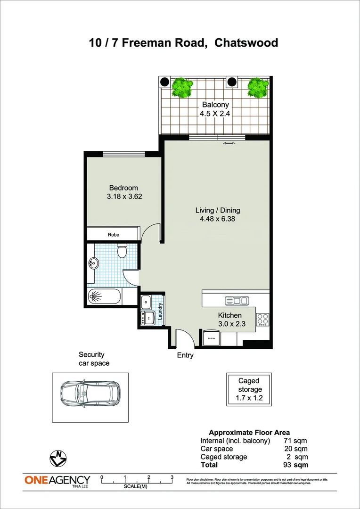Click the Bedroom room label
click(x=123, y=188)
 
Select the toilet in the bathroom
click(x=122, y=251)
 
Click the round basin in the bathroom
click(x=93, y=263)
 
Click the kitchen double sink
click(x=237, y=300)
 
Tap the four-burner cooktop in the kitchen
click(x=262, y=320)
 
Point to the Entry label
click(x=185, y=355)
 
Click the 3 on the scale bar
click(x=172, y=477)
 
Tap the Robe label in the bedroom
click(x=113, y=234)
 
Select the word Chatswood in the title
click(x=246, y=43)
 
